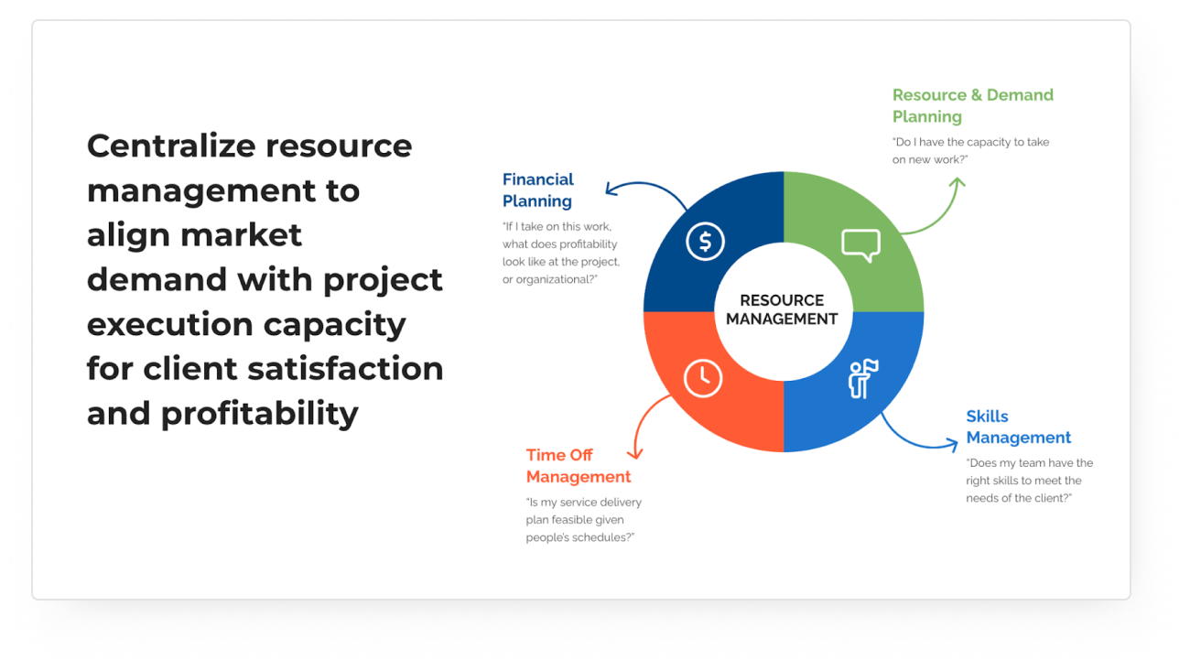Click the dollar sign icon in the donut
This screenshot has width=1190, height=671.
[x=705, y=242]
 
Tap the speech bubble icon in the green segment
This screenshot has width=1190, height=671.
[x=861, y=245]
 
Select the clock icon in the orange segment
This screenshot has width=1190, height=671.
[x=703, y=378]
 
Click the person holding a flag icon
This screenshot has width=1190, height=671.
[x=862, y=379]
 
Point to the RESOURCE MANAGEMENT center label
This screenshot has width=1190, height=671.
[x=782, y=309]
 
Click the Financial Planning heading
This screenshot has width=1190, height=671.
[x=537, y=190]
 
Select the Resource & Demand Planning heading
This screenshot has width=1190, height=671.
[x=973, y=105]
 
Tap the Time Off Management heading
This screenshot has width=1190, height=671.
[x=579, y=466]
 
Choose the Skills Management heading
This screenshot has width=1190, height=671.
[x=1019, y=427]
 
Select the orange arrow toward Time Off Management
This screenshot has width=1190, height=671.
[x=643, y=419]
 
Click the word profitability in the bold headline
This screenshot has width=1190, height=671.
[x=259, y=415]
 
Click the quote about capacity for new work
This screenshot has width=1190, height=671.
[x=970, y=151]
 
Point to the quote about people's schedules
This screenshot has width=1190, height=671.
[x=584, y=520]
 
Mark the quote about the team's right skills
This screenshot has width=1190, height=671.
[x=1030, y=481]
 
